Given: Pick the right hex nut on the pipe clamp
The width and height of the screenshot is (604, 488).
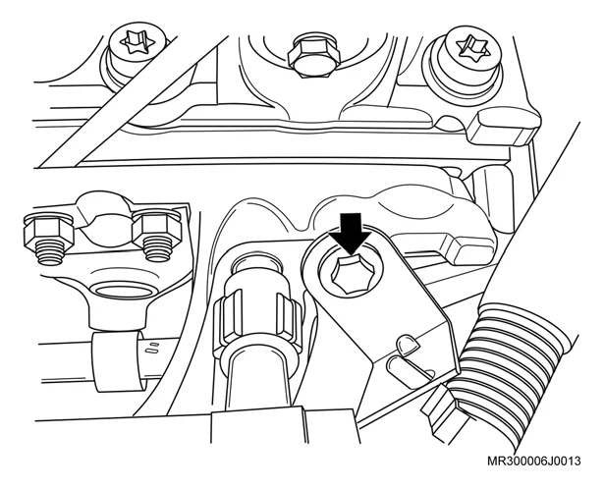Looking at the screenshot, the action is click(x=157, y=231).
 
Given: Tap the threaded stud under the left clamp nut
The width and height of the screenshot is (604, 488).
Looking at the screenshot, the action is click(x=51, y=253).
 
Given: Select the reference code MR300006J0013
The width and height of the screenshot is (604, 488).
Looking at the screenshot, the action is click(x=534, y=461).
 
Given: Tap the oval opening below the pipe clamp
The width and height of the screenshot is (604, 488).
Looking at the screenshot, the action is click(x=124, y=291).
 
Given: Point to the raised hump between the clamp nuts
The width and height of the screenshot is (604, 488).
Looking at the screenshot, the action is click(x=102, y=208).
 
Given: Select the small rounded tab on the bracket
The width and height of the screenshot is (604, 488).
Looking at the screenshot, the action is click(x=408, y=345).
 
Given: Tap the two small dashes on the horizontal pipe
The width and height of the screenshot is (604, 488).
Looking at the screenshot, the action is click(x=153, y=347).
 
